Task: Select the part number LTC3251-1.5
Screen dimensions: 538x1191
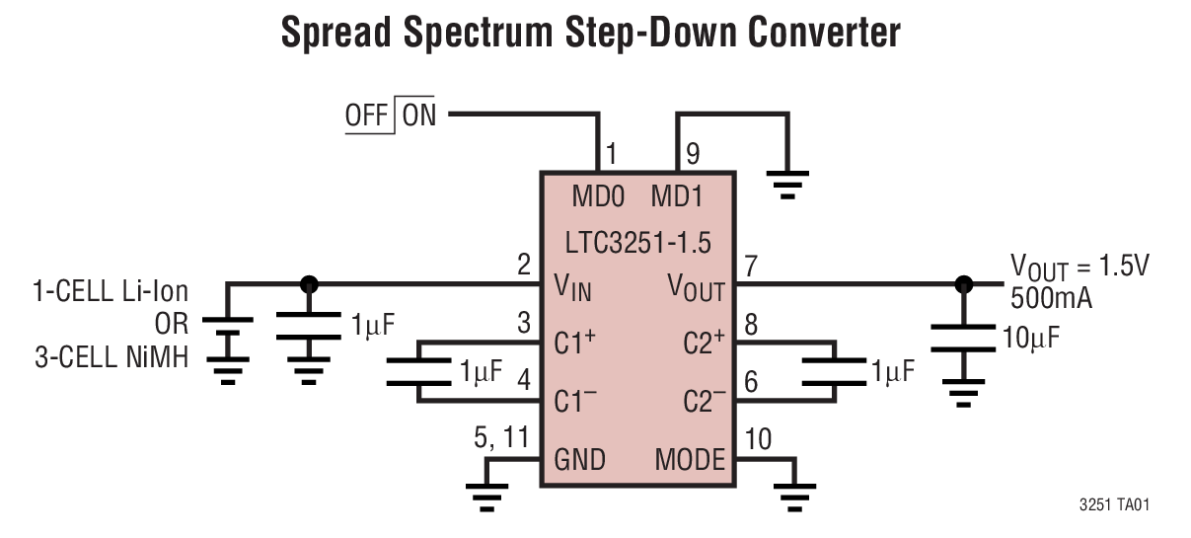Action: [x=636, y=243]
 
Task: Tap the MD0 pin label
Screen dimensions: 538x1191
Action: [x=598, y=197]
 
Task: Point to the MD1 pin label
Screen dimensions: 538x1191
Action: [x=676, y=197]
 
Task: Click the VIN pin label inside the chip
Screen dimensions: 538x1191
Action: [x=572, y=288]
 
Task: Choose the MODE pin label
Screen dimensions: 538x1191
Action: [x=690, y=460]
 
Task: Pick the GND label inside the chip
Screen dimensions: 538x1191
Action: [x=579, y=460]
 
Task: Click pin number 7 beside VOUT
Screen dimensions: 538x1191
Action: [x=752, y=266]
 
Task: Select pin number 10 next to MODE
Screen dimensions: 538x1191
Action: [x=759, y=437]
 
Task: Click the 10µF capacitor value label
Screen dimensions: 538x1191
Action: [x=1031, y=338]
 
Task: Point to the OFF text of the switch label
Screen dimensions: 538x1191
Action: [x=367, y=115]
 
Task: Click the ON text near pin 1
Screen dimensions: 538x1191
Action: [x=419, y=115]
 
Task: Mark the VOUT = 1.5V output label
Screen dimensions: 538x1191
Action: [x=1079, y=268]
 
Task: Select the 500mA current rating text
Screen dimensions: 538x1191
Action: [x=1051, y=298]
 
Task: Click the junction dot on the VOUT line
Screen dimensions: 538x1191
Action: [x=963, y=284]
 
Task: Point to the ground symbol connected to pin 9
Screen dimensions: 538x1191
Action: [x=786, y=184]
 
